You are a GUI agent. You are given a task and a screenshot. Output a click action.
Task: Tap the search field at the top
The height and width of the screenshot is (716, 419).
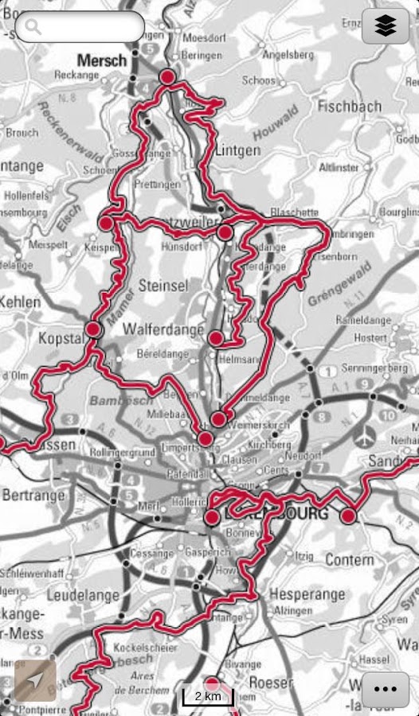(80, 27)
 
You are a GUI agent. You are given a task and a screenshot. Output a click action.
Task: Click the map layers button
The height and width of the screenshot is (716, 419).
(385, 27)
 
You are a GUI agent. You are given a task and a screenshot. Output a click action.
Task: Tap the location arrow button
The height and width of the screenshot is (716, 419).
(35, 680)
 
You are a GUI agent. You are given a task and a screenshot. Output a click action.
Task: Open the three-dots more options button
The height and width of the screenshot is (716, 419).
(385, 689)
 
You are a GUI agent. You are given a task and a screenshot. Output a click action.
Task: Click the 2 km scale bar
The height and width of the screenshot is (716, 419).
(207, 696)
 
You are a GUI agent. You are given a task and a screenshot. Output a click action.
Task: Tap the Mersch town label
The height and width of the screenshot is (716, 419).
(102, 60)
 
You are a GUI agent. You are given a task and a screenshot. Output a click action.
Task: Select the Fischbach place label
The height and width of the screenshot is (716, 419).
(349, 105)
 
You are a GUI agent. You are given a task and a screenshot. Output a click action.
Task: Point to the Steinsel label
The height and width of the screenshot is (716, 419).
(163, 284)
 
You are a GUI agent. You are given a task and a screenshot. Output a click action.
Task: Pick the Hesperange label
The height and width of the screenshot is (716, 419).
(307, 594)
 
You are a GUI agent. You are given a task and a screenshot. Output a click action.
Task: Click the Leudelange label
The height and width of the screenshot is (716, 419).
(84, 594)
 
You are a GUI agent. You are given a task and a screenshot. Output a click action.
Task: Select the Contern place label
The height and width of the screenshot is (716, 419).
(349, 560)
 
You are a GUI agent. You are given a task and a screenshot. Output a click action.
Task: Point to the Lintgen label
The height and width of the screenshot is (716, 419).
(237, 150)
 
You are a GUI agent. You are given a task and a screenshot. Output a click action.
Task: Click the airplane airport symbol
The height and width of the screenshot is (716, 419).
(366, 437)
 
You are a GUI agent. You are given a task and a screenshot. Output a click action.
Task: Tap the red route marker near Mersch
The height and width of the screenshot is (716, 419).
(167, 76)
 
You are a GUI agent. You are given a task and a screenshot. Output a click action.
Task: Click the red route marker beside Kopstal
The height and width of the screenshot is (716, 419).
(93, 329)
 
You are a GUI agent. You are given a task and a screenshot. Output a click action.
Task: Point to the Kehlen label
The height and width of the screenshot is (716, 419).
(20, 302)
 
